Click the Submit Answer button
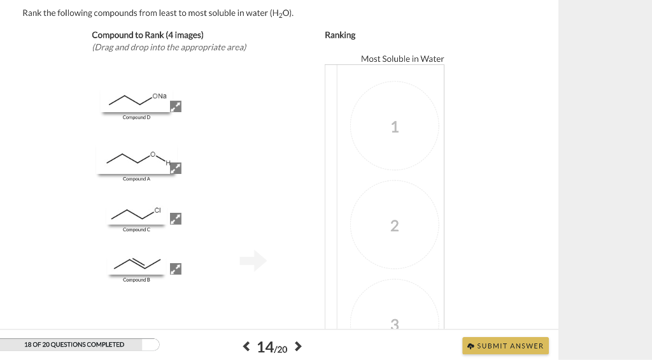coord(505,346)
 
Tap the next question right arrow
coord(297,347)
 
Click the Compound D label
coord(136,118)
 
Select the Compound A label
coord(136,179)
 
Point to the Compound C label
coord(136,229)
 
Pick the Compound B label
coord(136,280)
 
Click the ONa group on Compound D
coord(159,96)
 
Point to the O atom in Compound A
coord(152,154)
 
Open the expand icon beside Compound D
coord(176,106)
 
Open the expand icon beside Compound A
coord(176,168)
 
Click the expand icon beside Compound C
coord(176,219)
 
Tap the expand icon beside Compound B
coord(176,269)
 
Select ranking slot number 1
coord(394,127)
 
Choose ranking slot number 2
coord(394,226)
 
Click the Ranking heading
coord(340,35)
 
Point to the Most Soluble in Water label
coord(402,59)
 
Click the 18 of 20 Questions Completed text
coord(74,345)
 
